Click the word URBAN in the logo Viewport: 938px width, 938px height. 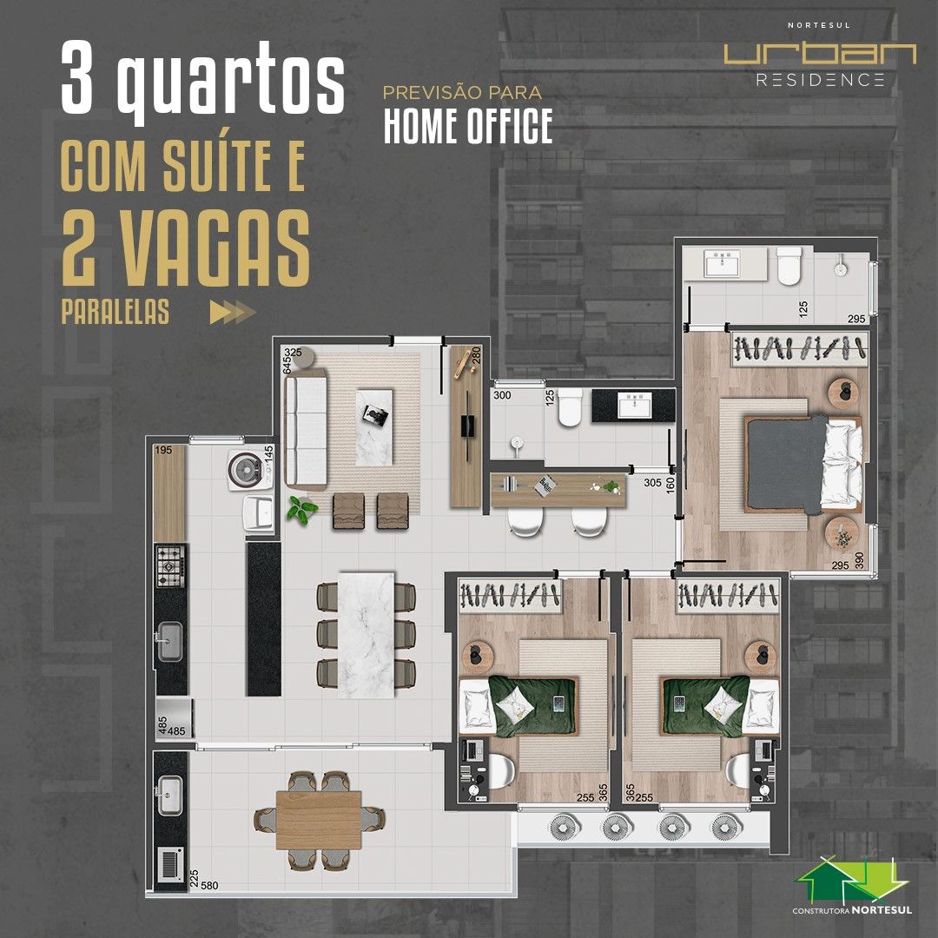pyautogui.click(x=820, y=54)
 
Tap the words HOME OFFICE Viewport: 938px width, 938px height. pyautogui.click(x=468, y=127)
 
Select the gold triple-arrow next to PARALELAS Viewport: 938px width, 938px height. pyautogui.click(x=233, y=313)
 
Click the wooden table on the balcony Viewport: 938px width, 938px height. pyautogui.click(x=319, y=820)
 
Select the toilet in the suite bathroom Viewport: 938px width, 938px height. pyautogui.click(x=789, y=266)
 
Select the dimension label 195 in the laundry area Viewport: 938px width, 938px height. pyautogui.click(x=164, y=450)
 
